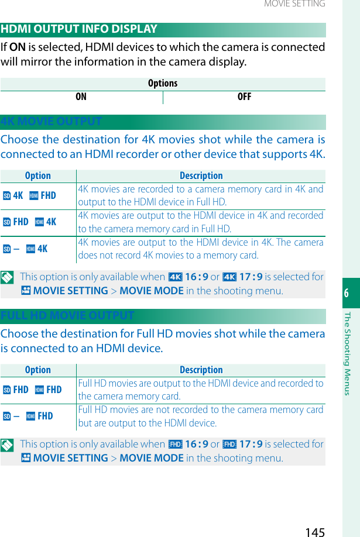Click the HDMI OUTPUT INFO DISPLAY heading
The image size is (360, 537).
[80, 29]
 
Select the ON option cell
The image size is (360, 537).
[81, 97]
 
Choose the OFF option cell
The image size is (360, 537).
[244, 97]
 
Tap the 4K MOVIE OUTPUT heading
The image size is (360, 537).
[52, 122]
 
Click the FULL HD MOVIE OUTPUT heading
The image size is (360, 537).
[68, 316]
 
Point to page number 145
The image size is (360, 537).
[315, 532]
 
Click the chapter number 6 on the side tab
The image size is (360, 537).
[347, 293]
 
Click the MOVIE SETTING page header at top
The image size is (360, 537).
[294, 4]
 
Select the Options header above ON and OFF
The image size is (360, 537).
[163, 84]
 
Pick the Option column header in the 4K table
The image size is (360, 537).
[38, 175]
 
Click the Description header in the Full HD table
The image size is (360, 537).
[201, 370]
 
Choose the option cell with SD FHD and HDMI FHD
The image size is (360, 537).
[32, 390]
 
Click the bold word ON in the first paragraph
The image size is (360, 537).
[18, 47]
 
